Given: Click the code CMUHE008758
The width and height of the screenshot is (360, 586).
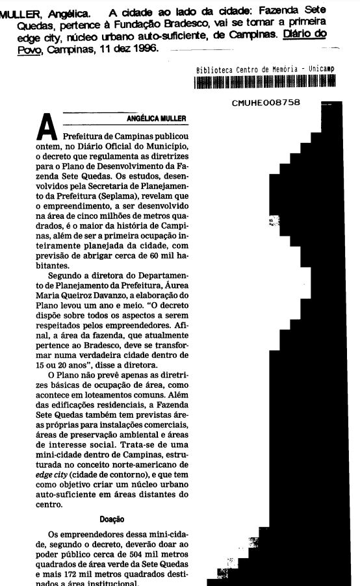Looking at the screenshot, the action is [x=265, y=103].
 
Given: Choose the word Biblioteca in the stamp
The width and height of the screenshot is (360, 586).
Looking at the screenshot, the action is [x=216, y=69].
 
